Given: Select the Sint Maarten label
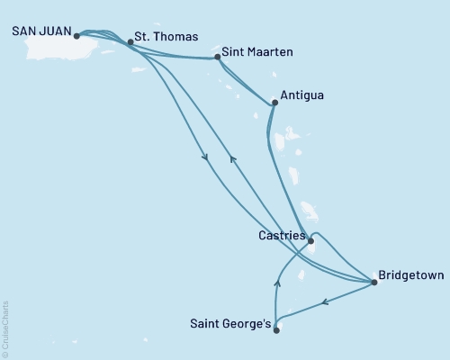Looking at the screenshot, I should [256, 54].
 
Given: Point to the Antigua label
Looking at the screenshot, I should [302, 94].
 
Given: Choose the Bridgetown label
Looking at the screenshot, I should [410, 275].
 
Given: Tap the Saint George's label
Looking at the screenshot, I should [229, 322].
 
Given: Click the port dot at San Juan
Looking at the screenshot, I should [76, 37].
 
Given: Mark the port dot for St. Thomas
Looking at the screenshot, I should [130, 41].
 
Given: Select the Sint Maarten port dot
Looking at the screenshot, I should [218, 58].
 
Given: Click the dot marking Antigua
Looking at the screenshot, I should [274, 103].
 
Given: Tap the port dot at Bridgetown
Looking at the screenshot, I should [374, 283].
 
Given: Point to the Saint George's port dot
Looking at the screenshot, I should [276, 330].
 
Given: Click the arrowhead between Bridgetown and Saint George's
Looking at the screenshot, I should [326, 303].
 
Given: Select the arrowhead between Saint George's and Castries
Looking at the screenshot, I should [276, 283].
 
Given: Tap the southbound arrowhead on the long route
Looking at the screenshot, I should [206, 158].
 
